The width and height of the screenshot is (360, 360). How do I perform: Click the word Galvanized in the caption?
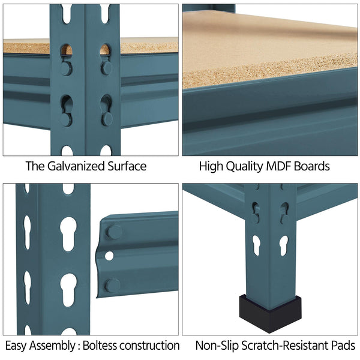(x=76, y=166)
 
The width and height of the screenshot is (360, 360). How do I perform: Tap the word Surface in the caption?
(x=127, y=166)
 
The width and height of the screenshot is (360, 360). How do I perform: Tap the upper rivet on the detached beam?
(x=114, y=232)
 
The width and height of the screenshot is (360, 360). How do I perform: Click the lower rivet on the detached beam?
(x=113, y=286)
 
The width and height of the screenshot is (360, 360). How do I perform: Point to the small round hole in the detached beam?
(x=109, y=256)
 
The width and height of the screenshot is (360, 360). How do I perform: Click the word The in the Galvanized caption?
(x=35, y=166)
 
